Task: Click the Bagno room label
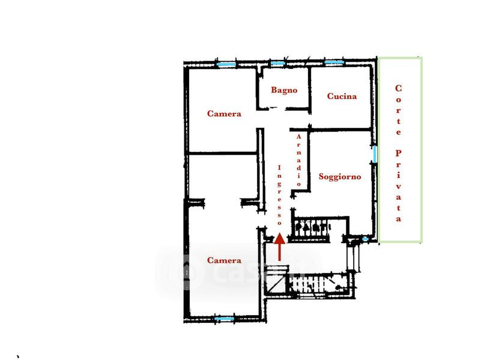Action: coord(284,90)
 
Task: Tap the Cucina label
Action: coord(342,96)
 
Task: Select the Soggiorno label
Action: coord(340,176)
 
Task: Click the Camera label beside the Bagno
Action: coord(224,113)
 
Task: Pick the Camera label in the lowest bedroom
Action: coord(224,260)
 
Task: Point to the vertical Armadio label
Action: coord(299,160)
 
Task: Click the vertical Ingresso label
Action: coord(280,195)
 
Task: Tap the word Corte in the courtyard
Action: coord(399,110)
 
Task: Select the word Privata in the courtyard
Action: coord(399,186)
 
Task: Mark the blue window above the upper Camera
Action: coord(226,64)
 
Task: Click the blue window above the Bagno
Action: coord(277,64)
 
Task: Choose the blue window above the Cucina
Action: coord(334,62)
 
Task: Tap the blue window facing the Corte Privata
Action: coord(375,154)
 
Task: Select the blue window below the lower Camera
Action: coord(224,319)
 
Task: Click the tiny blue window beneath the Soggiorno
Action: coord(365,239)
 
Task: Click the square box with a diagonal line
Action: coord(276,283)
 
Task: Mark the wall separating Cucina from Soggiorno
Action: coord(340,130)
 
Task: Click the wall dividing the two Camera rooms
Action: coord(223,153)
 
